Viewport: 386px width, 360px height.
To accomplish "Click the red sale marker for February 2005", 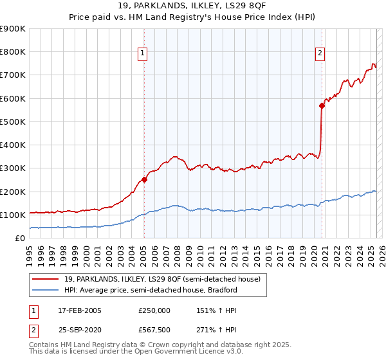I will [x=144, y=180].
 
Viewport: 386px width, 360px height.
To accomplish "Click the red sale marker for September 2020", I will [x=322, y=106].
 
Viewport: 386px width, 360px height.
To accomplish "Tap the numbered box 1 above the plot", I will [x=142, y=54].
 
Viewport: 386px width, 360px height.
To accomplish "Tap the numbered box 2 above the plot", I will [x=320, y=54].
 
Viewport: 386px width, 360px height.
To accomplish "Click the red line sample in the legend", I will [x=46, y=279].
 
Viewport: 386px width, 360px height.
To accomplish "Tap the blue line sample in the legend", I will [x=46, y=290].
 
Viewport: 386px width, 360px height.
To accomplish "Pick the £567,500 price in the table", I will [x=154, y=330].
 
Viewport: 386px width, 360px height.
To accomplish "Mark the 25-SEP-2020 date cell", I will [x=80, y=330].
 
